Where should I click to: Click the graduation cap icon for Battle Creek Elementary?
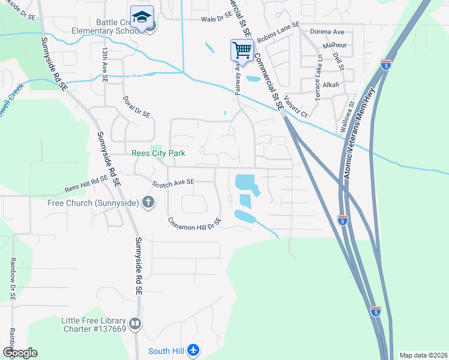[142, 16]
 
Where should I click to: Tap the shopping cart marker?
[241, 50]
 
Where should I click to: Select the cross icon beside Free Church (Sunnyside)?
[148, 203]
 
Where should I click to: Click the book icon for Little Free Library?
[135, 325]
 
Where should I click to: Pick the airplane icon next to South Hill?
[193, 350]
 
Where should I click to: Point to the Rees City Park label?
[158, 154]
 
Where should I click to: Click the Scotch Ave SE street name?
[173, 182]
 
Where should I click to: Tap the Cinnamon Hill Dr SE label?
[194, 221]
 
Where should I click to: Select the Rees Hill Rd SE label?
[87, 185]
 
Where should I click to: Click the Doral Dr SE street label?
[136, 107]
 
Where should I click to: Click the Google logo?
[19, 353]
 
